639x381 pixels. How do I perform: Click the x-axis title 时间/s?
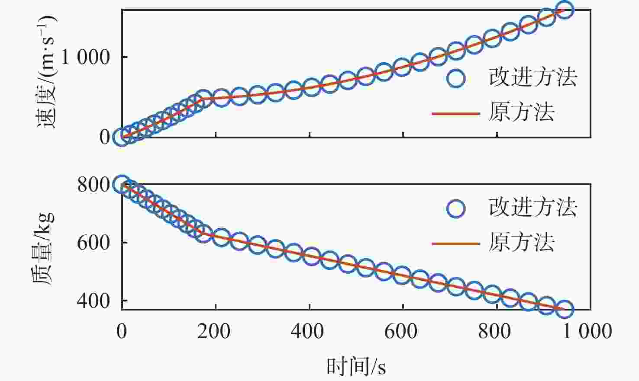point(356,367)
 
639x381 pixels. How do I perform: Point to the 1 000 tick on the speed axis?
point(86,57)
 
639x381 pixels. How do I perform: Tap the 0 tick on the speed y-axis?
point(105,137)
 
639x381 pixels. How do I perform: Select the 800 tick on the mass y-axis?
point(93,185)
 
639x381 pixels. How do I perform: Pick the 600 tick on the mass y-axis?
point(93,243)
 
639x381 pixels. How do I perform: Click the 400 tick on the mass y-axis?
point(93,301)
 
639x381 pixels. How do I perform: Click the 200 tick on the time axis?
point(215,331)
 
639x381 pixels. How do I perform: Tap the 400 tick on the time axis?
point(309,331)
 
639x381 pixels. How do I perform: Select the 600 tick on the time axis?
point(403,331)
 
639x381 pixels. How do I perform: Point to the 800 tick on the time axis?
point(497,331)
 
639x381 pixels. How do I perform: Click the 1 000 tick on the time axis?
point(587,331)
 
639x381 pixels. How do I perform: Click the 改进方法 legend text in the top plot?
point(533,77)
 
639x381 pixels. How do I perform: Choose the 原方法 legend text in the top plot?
point(522,112)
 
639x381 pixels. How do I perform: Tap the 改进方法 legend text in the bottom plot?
point(533,208)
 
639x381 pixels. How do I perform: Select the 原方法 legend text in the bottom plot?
point(522,242)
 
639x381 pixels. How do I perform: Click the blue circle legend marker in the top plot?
point(456,78)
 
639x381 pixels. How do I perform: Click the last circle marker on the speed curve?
point(565,10)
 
